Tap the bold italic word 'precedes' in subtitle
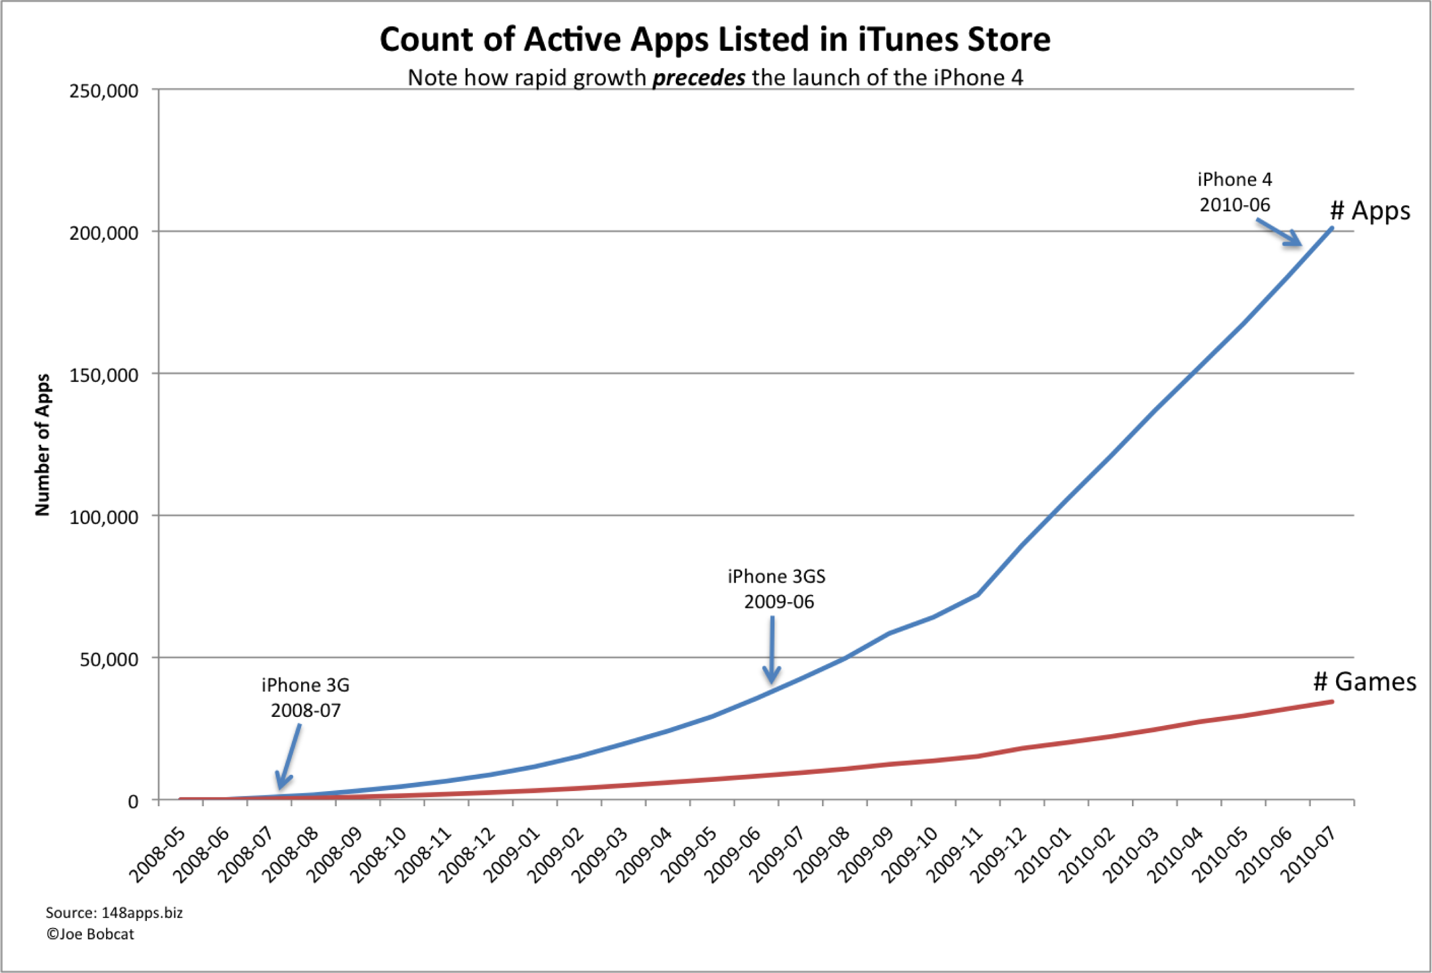[699, 78]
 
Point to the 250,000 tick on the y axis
[103, 91]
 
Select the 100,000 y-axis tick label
[103, 517]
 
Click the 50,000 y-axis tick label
[109, 659]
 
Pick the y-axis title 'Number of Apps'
[42, 445]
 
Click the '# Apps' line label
[1370, 211]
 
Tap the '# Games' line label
[1364, 682]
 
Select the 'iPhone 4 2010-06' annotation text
[1234, 192]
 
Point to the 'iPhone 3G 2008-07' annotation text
[305, 697]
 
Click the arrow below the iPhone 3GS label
[771, 650]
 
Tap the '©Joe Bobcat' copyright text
[90, 934]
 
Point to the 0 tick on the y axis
[133, 801]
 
